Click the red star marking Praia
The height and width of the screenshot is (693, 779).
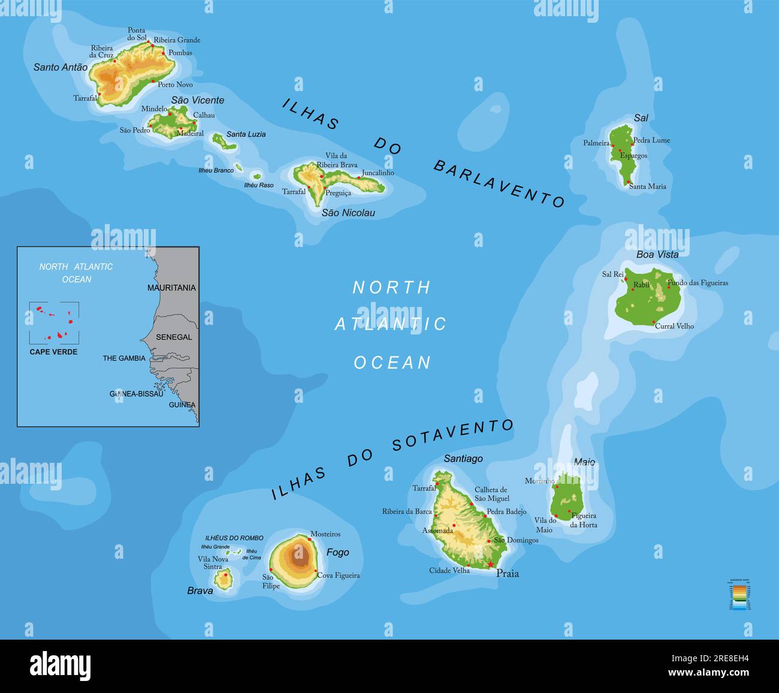click(x=490, y=564)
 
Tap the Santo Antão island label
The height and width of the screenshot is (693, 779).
click(x=60, y=67)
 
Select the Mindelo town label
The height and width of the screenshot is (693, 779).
click(x=154, y=109)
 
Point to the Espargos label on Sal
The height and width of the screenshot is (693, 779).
click(x=633, y=156)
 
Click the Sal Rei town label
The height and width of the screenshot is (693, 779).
click(x=612, y=275)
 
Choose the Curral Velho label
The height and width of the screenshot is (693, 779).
click(x=674, y=326)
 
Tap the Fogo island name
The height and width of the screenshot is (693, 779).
click(x=337, y=552)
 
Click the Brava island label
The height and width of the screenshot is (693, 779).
click(x=200, y=590)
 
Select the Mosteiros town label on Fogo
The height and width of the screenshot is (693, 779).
click(x=325, y=534)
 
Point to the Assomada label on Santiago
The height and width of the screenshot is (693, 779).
click(x=437, y=531)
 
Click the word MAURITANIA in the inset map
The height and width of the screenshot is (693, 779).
click(x=171, y=288)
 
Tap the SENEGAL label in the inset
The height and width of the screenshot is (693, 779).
click(x=174, y=337)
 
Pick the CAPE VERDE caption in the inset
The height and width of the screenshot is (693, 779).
click(x=53, y=352)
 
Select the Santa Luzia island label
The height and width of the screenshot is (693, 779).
click(x=246, y=134)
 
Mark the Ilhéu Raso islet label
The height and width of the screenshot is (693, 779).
click(x=258, y=185)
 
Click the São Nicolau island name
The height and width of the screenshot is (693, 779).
click(x=348, y=213)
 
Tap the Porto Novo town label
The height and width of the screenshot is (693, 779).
click(x=175, y=85)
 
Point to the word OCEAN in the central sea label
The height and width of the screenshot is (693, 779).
click(x=392, y=363)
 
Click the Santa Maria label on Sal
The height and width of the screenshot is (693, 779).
click(x=647, y=186)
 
